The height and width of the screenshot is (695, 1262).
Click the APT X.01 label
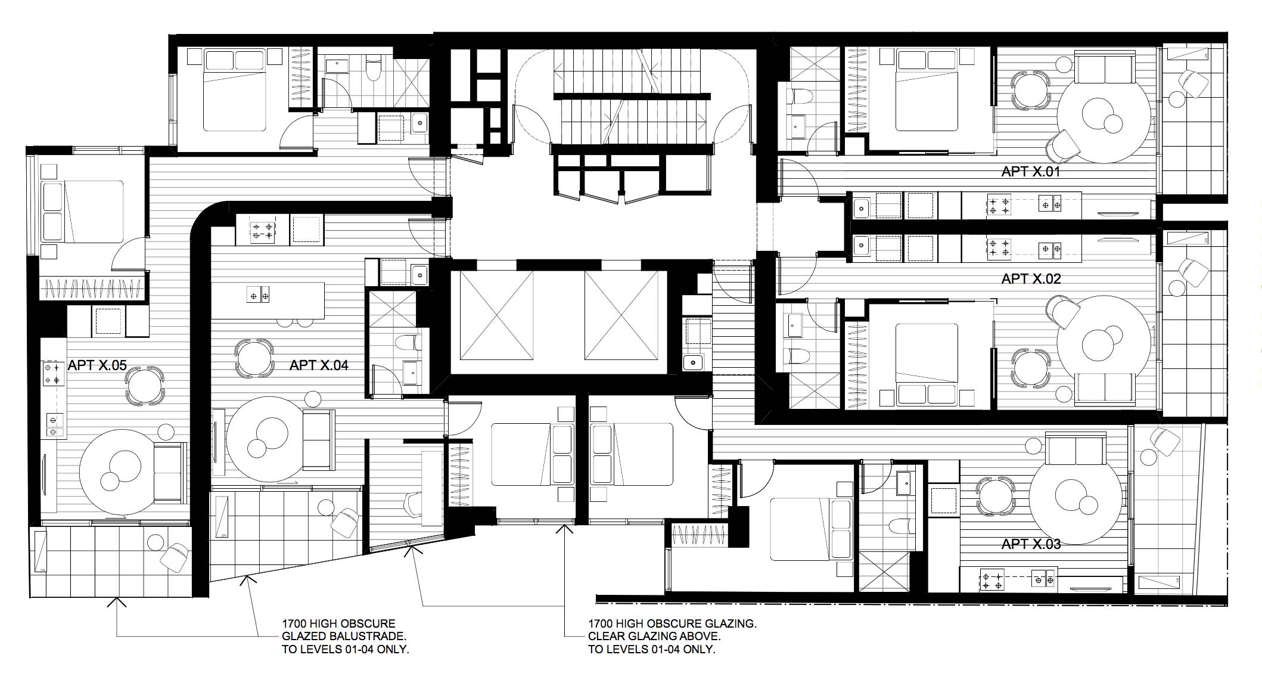1031,172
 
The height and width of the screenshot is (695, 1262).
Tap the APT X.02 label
1031,278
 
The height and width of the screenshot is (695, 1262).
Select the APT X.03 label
1031,544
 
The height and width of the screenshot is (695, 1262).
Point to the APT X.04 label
319,365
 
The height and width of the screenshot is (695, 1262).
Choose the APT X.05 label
97,365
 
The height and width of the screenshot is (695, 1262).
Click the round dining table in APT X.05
144,386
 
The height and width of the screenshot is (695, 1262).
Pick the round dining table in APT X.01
1031,89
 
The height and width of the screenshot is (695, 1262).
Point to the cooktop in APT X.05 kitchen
52,373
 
